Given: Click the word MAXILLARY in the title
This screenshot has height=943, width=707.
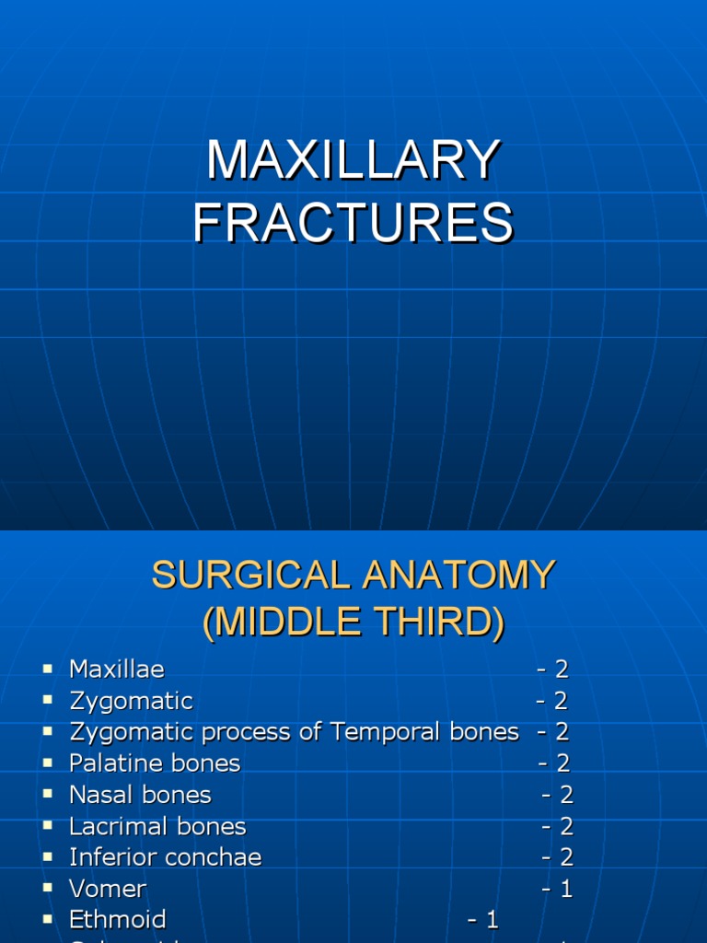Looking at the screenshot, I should (353, 161).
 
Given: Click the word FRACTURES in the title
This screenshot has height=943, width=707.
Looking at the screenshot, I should (353, 224).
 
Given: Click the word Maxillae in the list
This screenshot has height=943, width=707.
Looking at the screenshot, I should (117, 669).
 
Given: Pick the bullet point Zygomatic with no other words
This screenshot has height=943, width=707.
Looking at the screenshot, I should (131, 701).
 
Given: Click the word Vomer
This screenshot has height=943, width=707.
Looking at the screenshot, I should (108, 889).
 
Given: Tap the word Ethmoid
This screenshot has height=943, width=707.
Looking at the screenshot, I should (118, 920).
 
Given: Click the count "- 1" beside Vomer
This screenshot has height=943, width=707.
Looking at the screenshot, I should (557, 889).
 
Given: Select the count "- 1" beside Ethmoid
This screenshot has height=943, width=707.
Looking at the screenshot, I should (483, 920).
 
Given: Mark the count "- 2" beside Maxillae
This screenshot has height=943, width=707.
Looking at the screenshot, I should (553, 669).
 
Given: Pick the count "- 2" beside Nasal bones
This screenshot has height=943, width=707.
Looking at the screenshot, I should (557, 795).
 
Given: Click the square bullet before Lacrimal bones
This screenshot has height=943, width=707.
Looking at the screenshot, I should (48, 826).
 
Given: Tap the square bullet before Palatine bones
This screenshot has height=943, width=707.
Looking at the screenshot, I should (48, 763).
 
